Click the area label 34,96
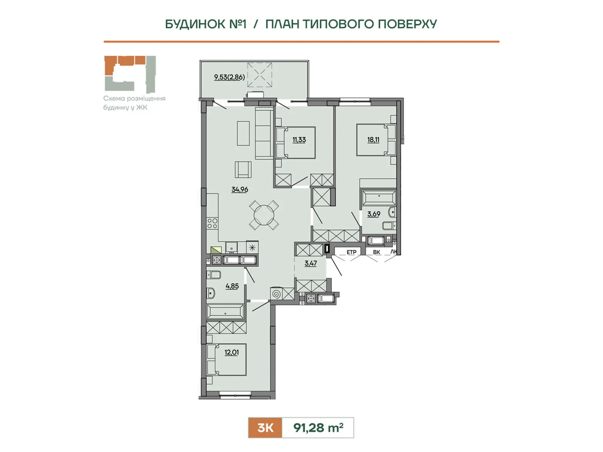pos(240,189)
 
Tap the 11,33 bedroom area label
pos(299,140)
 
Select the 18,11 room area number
pos(373,140)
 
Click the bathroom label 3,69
pos(373,214)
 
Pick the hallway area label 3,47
pos(311,263)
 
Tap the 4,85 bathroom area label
pos(232,286)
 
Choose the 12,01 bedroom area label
pos(231,352)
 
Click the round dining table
pos(264,215)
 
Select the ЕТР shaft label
pos(351,252)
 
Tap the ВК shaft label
pos(376,252)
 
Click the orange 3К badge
pos(265,428)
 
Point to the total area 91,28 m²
pos(318,428)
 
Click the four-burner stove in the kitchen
pos(212,223)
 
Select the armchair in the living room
pos(243,169)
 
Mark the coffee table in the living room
pos(243,133)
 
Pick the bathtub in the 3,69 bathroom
pos(379,197)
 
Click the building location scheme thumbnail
pos(130,74)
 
